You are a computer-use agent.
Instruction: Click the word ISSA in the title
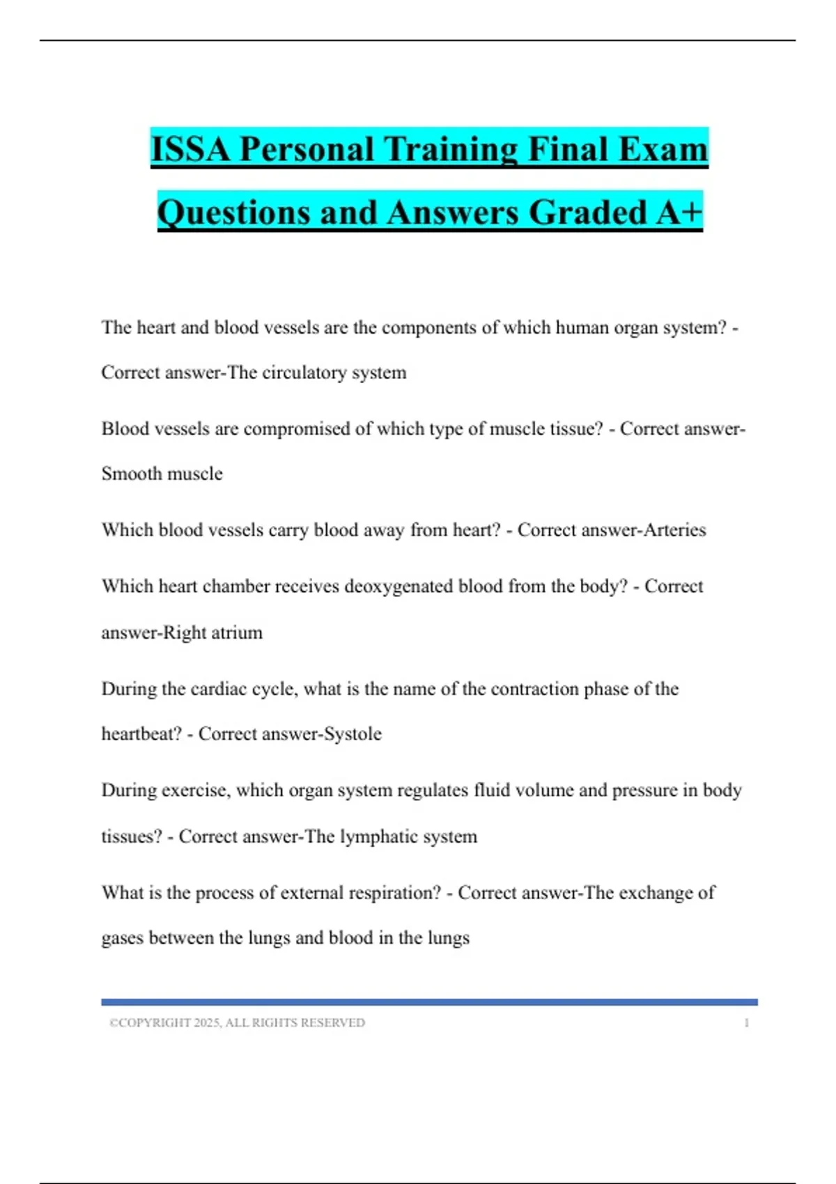click(190, 150)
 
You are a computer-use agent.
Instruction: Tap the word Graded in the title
click(588, 212)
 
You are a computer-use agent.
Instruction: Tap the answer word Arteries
click(674, 530)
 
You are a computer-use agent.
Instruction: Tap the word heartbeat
click(141, 734)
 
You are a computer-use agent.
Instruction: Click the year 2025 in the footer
click(207, 1023)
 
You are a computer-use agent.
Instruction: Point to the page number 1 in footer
click(746, 1023)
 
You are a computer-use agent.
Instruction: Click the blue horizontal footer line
click(429, 1002)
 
